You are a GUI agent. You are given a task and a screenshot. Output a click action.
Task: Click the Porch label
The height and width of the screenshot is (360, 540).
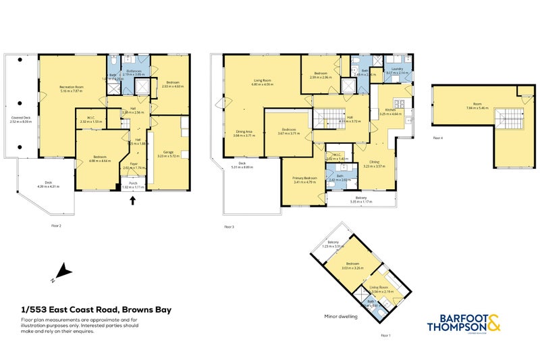pyautogui.click(x=132, y=184)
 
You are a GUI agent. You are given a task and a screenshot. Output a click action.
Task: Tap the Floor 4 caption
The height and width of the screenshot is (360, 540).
pyautogui.click(x=437, y=138)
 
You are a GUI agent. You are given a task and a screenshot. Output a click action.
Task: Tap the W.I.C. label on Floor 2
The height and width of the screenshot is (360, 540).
pyautogui.click(x=90, y=119)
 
